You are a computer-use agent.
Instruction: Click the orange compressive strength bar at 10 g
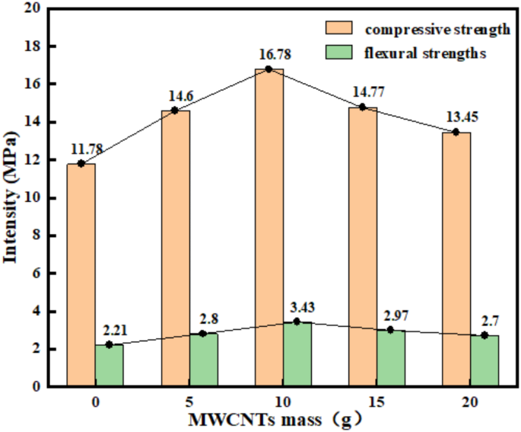[x=269, y=229]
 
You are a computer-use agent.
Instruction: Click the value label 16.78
[x=269, y=55]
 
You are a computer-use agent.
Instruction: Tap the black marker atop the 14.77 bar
[x=363, y=107]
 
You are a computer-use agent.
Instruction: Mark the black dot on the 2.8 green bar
[x=203, y=334]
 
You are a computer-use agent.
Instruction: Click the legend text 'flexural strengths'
[x=426, y=53]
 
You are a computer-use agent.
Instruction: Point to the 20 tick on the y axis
[x=35, y=9]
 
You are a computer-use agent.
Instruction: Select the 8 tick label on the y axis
[x=38, y=235]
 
